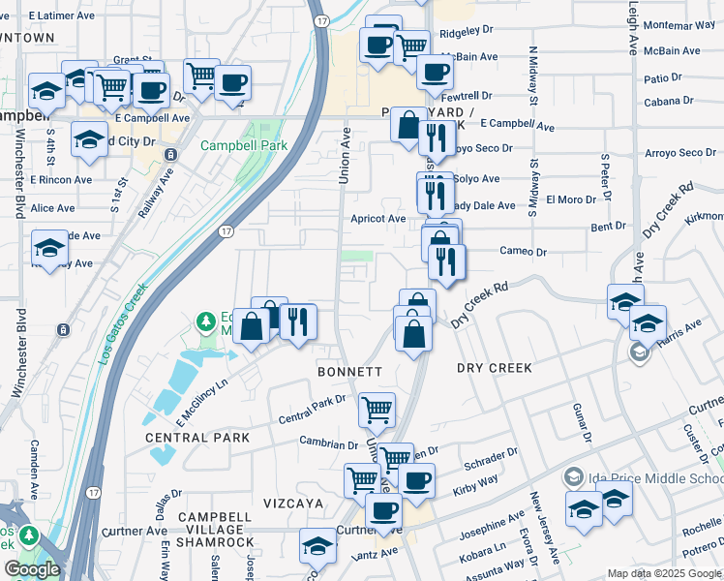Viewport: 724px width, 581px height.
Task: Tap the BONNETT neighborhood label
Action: tap(350, 372)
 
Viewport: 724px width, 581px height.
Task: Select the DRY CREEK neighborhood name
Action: tap(495, 368)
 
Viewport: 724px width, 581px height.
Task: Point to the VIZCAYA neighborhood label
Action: tap(293, 504)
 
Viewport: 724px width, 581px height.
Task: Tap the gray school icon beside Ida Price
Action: tap(573, 477)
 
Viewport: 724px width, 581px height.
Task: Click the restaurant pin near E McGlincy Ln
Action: tap(298, 321)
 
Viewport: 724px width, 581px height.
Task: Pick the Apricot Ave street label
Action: tap(378, 219)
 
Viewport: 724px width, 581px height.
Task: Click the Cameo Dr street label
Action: tap(523, 252)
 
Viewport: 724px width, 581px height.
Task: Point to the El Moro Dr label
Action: tap(568, 199)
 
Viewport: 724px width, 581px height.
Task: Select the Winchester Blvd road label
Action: tap(18, 353)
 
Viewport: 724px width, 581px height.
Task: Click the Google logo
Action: tap(32, 569)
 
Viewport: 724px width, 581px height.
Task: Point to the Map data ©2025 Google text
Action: tap(664, 573)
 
